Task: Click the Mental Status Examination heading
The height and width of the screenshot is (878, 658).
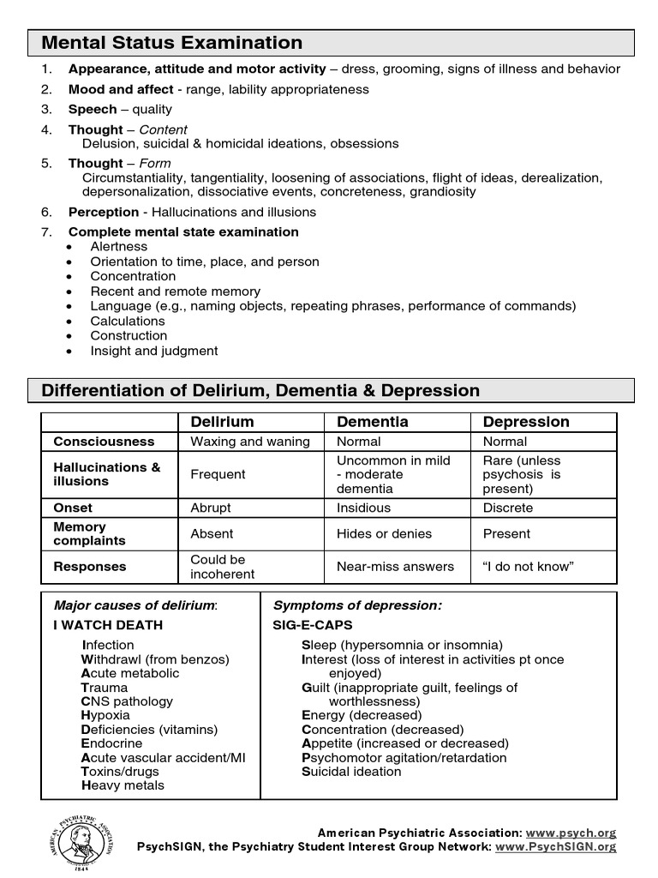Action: click(172, 43)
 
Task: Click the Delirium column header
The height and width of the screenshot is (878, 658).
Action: click(222, 422)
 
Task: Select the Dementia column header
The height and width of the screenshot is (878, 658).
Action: click(373, 422)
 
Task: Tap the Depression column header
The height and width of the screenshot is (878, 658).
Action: click(526, 422)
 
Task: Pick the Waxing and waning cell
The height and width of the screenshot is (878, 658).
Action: click(249, 442)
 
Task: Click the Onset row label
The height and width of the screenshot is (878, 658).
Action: click(73, 508)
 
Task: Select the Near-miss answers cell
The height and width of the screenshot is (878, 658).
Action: click(395, 567)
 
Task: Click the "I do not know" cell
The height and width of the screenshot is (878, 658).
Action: click(528, 567)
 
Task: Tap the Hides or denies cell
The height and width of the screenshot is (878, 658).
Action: click(384, 533)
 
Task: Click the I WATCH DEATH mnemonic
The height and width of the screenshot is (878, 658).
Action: click(108, 625)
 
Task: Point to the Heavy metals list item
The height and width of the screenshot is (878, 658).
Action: click(123, 785)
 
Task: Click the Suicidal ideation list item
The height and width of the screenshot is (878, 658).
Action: click(351, 772)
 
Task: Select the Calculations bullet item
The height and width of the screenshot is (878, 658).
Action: click(128, 321)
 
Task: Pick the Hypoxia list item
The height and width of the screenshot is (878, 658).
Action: click(105, 715)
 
